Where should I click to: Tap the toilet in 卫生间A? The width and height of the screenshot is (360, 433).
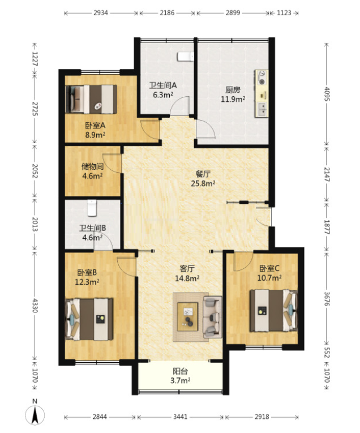(186, 57)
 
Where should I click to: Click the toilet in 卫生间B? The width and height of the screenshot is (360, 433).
(92, 208)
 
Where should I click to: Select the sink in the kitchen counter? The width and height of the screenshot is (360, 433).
(262, 109)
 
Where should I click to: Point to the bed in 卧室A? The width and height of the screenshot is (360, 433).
(91, 99)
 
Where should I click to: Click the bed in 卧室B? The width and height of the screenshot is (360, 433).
(89, 319)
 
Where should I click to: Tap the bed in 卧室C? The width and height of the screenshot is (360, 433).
(273, 310)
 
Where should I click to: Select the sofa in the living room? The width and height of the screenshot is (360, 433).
(212, 317)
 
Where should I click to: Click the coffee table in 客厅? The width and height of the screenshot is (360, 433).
(188, 317)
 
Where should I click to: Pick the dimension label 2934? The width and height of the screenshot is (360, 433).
(101, 12)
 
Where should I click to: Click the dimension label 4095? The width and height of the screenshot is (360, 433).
(327, 94)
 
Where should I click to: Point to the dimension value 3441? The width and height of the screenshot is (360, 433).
(180, 417)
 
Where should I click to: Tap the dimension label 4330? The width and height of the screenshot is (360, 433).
(35, 305)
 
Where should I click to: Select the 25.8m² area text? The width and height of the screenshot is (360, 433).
(203, 183)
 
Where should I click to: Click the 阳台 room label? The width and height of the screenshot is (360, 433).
(180, 371)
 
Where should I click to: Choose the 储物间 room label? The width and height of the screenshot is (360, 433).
(92, 166)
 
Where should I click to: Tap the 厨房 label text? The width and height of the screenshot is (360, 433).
(233, 90)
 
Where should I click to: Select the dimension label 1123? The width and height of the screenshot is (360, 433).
(284, 12)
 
